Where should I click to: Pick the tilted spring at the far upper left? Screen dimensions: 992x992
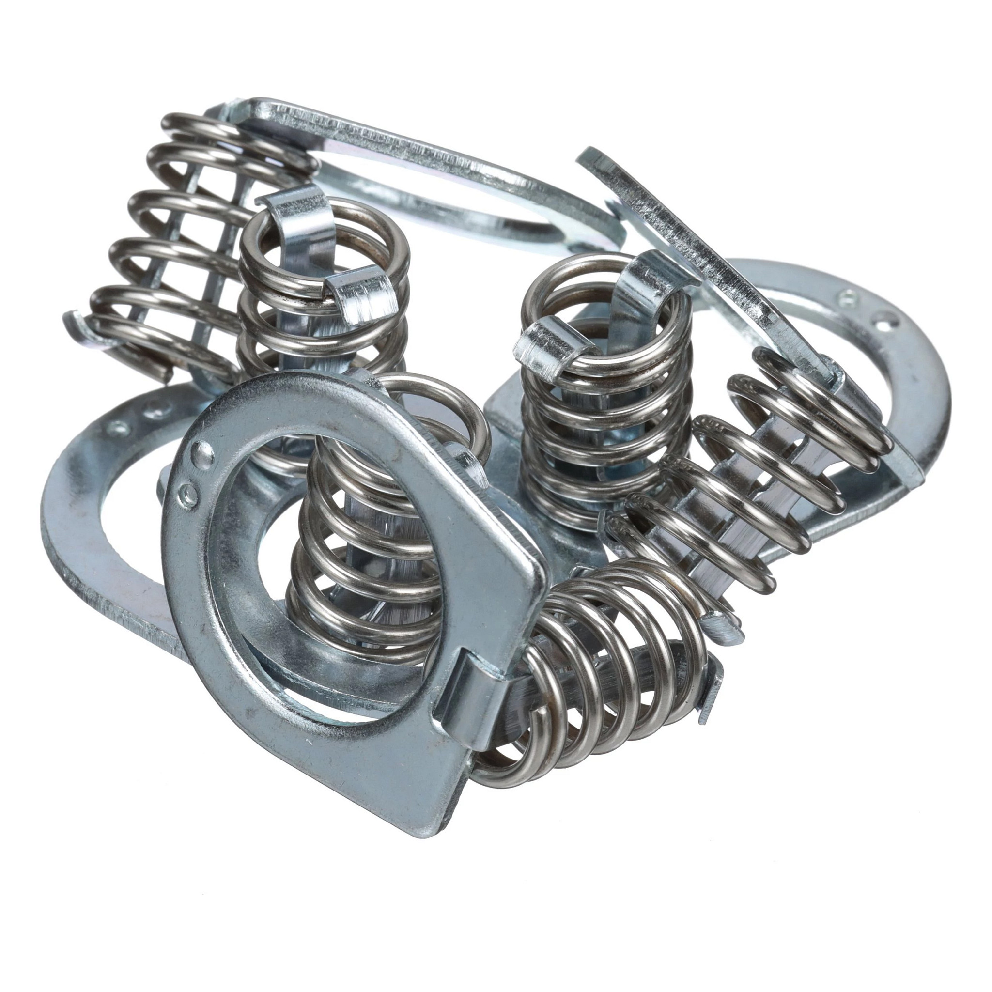pos(200,247)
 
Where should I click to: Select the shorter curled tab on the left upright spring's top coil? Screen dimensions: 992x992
pos(359,295)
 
